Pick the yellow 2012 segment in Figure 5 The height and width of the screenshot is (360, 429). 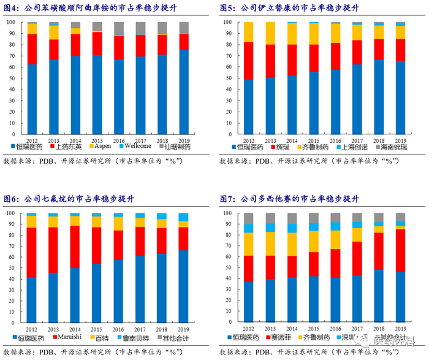(249, 32)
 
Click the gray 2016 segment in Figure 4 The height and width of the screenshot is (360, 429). (120, 28)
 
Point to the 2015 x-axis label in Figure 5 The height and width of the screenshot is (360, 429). (314, 139)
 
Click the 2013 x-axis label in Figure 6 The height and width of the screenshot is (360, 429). (53, 330)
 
